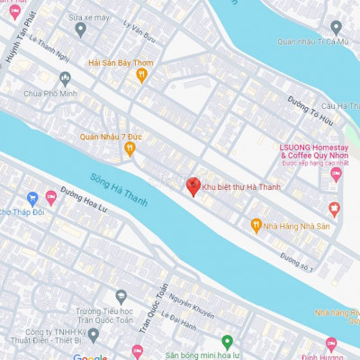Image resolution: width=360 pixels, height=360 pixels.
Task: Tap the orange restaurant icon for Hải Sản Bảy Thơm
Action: [x=140, y=76]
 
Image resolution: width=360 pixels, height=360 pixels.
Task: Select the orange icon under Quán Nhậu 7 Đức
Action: [x=130, y=148]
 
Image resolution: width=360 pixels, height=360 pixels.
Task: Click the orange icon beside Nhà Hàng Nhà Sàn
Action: [x=256, y=225]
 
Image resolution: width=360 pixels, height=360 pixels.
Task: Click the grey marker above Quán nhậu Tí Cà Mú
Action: [x=336, y=27]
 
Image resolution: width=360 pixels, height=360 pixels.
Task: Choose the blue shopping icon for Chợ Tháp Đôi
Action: [x=31, y=198]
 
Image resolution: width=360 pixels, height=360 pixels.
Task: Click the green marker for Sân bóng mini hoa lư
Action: [x=227, y=342]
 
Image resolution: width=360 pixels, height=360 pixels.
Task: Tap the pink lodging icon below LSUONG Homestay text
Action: [x=336, y=174]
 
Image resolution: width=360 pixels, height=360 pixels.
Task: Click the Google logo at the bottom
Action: [x=90, y=357]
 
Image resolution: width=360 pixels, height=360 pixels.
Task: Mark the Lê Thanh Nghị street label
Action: [x=50, y=48]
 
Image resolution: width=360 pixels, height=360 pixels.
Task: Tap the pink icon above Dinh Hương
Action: [x=330, y=345]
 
